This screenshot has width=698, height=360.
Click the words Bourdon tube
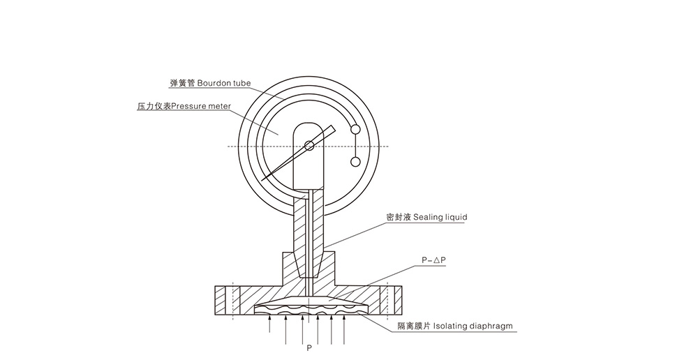(223, 82)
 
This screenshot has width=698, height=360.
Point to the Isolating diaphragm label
(475, 326)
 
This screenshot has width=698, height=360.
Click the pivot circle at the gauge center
(309, 146)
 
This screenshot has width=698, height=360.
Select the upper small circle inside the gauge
(355, 129)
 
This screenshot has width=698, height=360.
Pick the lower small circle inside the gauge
(355, 163)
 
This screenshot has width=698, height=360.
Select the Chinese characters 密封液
(399, 217)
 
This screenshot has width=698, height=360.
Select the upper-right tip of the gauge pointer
(335, 127)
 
